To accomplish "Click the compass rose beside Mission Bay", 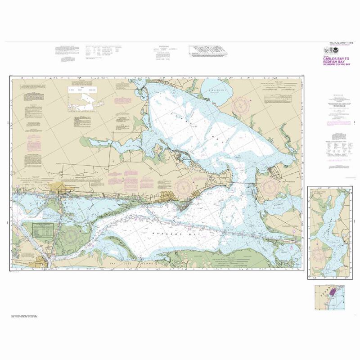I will pos(243,105).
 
